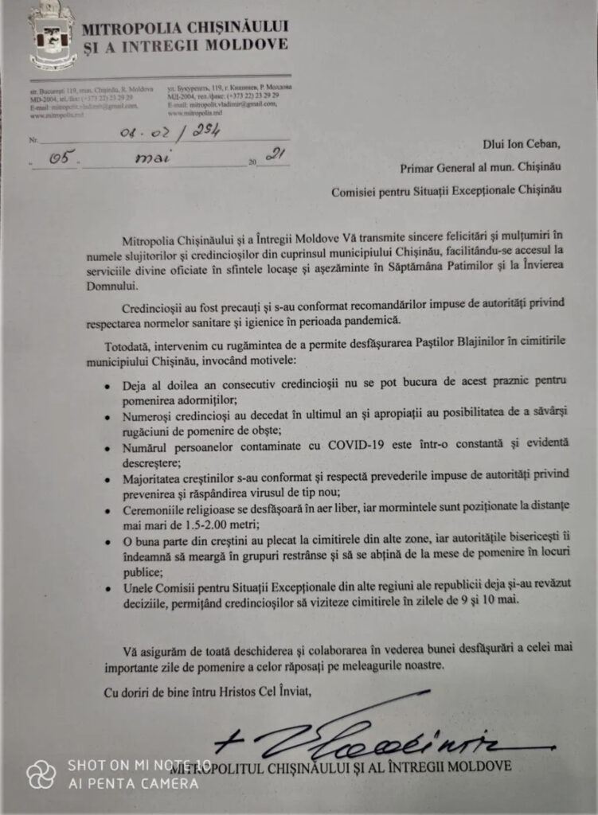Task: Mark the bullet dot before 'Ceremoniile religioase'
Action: coord(110,509)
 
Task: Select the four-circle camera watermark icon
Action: coord(41,773)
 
